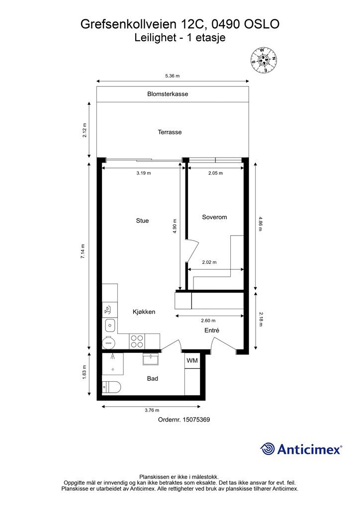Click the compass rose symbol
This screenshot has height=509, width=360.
click(263, 60)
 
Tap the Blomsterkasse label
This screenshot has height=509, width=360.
click(168, 94)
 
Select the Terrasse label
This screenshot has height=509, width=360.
click(170, 132)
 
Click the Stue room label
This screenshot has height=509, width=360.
click(142, 221)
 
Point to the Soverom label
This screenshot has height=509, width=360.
click(214, 217)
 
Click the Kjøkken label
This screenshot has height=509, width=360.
click(144, 312)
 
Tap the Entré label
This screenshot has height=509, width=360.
click(212, 331)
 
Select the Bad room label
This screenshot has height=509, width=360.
click(153, 378)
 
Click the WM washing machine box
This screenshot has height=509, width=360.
click(192, 360)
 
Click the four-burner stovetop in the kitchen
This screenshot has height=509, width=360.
click(137, 341)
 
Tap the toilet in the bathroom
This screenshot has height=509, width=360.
click(110, 387)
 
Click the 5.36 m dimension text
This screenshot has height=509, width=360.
click(172, 76)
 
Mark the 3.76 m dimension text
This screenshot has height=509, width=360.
click(152, 411)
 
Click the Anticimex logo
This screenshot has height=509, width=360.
click(301, 449)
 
